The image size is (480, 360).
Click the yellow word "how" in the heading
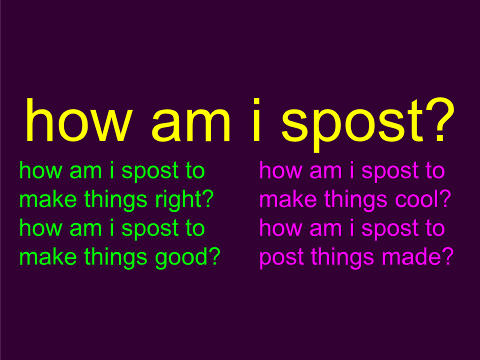click(79, 120)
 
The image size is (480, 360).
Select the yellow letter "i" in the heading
click(256, 120)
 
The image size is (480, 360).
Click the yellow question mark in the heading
click(439, 120)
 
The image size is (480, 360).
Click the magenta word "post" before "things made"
click(281, 258)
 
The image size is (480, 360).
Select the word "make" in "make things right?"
click(48, 199)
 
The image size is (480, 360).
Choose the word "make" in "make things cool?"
click(288, 199)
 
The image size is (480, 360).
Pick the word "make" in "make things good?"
click(48, 256)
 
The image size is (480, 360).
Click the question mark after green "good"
click(215, 256)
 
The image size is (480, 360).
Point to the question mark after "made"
click(448, 256)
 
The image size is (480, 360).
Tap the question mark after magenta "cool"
click(446, 198)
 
